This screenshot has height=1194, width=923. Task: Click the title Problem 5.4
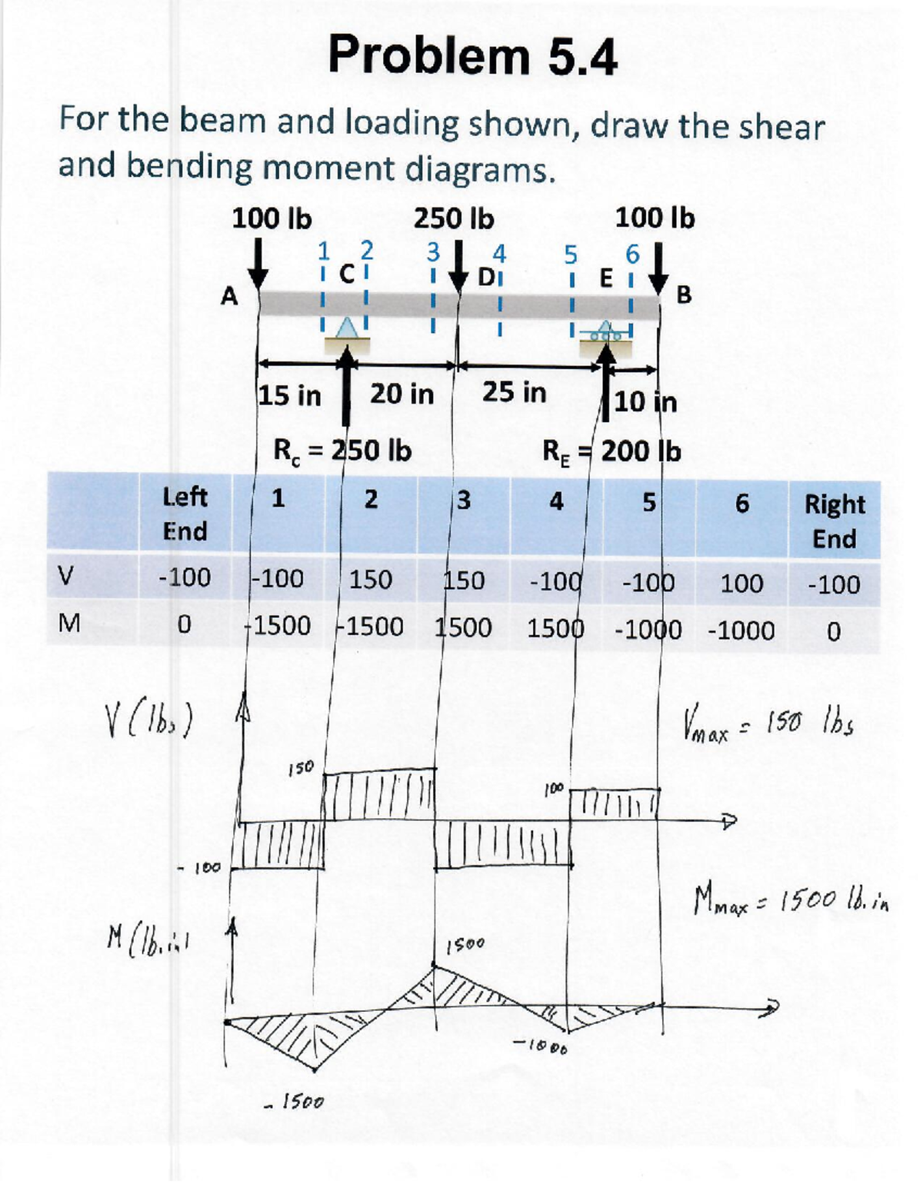pyautogui.click(x=472, y=56)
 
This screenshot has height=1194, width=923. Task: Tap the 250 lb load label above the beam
pyautogui.click(x=453, y=219)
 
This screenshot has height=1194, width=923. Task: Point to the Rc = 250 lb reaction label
pyautogui.click(x=342, y=450)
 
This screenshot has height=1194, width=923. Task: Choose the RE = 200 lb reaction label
pyautogui.click(x=611, y=451)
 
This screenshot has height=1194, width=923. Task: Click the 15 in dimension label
pyautogui.click(x=289, y=395)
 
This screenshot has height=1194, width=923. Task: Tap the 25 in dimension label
pyautogui.click(x=514, y=392)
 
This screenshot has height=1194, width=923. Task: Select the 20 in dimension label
pyautogui.click(x=402, y=394)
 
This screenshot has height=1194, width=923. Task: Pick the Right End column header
pyautogui.click(x=835, y=521)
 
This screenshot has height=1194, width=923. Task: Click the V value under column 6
pyautogui.click(x=741, y=584)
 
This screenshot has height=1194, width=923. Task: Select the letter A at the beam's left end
pyautogui.click(x=228, y=296)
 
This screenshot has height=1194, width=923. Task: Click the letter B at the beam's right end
pyautogui.click(x=683, y=294)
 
